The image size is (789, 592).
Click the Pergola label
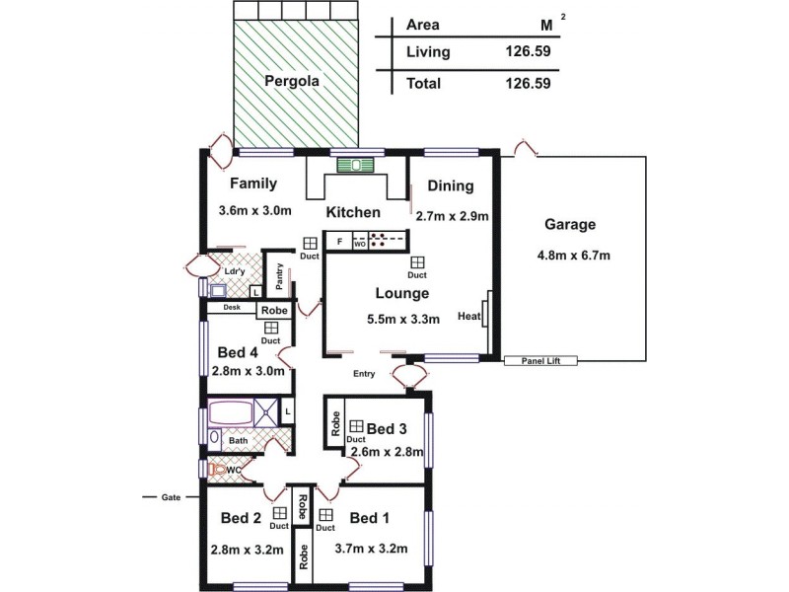tap(291, 81)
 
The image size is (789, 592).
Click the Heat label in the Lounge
tap(469, 317)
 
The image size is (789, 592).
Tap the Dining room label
tap(452, 185)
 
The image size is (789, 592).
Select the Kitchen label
tap(353, 212)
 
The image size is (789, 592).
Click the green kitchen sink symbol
tap(351, 165)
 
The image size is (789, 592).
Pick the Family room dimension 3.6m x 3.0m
tap(254, 210)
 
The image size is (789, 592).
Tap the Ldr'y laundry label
tap(235, 271)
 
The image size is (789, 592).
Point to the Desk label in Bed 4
tap(232, 307)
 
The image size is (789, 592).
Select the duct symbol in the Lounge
tap(417, 262)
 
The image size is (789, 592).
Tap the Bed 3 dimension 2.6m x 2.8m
tap(388, 453)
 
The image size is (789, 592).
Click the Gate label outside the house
tap(172, 497)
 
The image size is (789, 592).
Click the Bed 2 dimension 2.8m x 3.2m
tap(247, 551)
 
